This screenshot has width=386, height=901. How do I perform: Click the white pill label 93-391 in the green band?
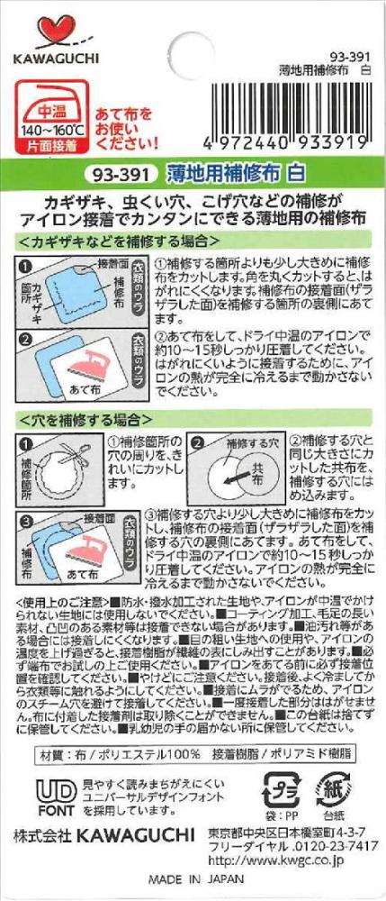pyautogui.click(x=121, y=172)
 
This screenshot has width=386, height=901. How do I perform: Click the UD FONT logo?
pyautogui.click(x=56, y=797)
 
